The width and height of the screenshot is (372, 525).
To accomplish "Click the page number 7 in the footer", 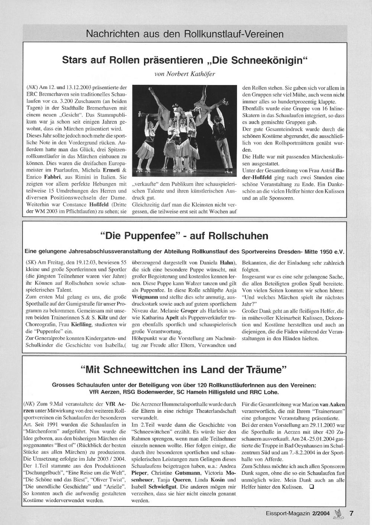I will coord(351,513).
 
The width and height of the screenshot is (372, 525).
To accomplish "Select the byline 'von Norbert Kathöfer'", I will coord(185,73).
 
